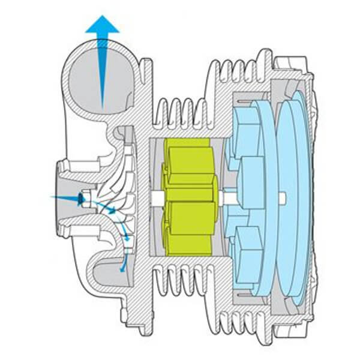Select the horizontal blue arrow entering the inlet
coord(63,197)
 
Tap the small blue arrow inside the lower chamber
coord(123,264)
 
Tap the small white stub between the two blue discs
coord(281,195)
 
